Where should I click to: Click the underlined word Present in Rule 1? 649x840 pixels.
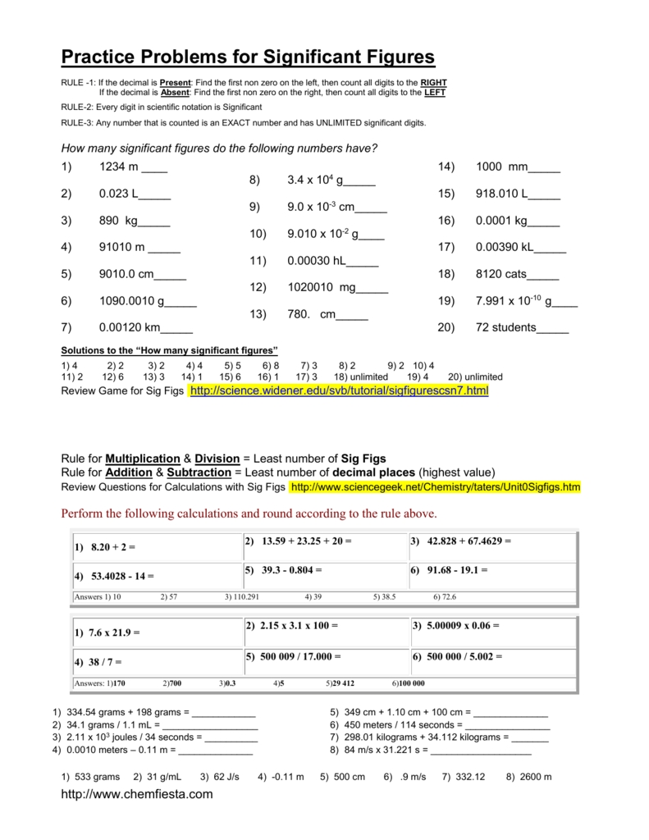click(175, 84)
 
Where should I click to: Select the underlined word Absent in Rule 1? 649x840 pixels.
click(174, 93)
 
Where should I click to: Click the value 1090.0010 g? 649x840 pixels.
click(132, 301)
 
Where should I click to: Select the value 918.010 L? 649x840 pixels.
click(503, 194)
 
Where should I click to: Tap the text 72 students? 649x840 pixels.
click(505, 328)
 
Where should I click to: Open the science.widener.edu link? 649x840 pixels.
click(338, 391)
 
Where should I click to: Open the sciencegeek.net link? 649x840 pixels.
click(435, 487)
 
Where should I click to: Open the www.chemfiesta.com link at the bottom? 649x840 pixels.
click(137, 794)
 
